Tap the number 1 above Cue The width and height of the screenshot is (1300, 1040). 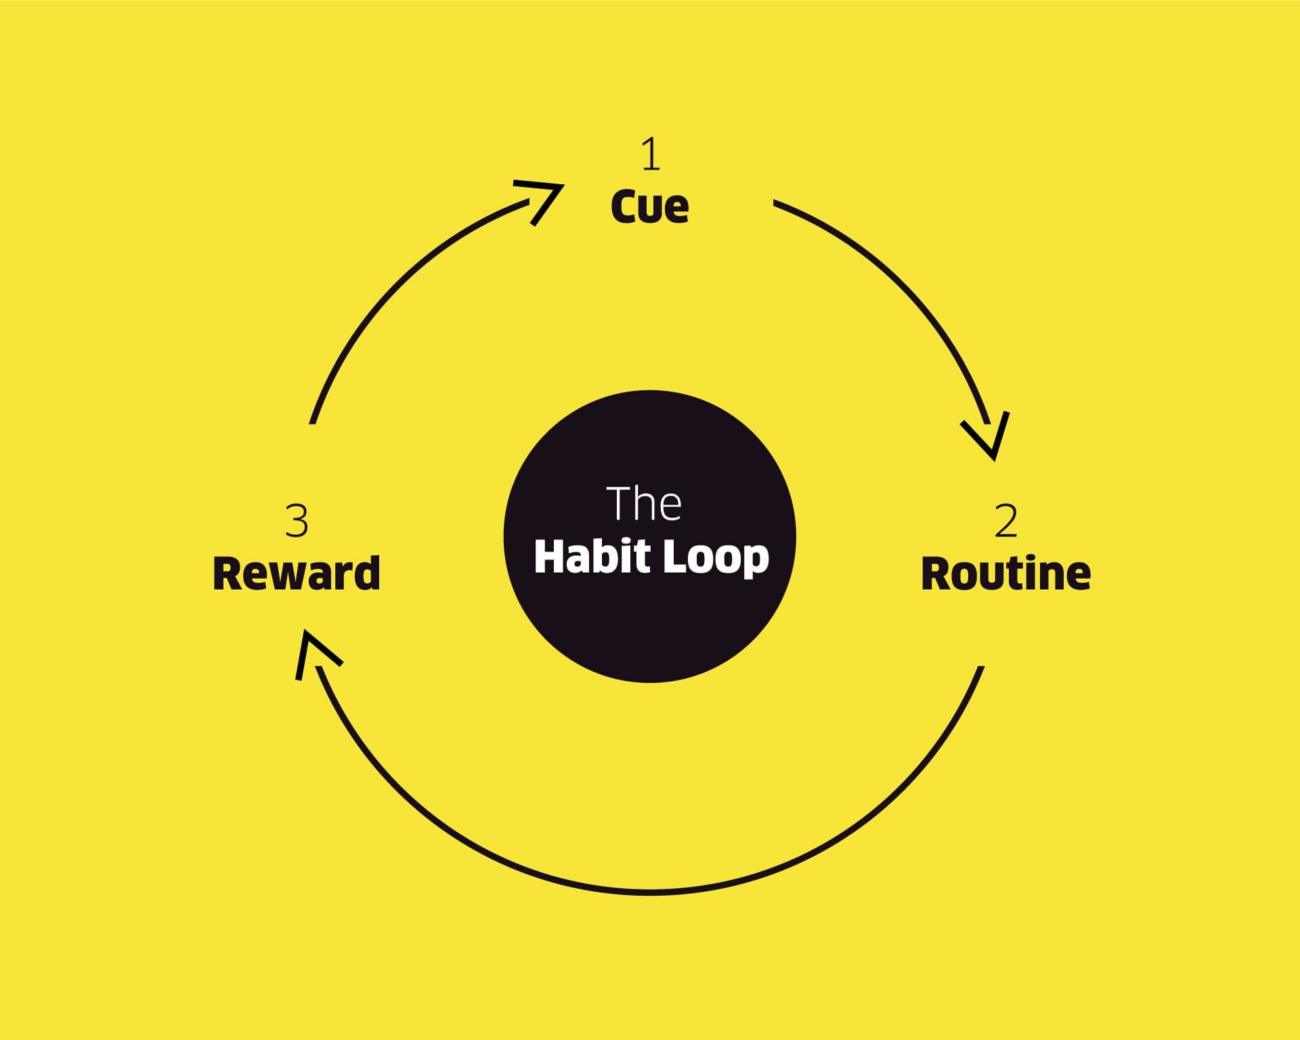650,154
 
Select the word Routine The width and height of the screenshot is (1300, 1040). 1005,573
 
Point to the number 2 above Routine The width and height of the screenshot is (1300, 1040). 1006,521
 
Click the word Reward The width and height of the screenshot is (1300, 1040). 297,573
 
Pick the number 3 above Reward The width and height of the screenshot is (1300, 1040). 297,521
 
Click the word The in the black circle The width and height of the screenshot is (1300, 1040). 644,504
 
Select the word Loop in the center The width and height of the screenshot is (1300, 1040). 716,558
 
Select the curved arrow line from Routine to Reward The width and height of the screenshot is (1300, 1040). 649,892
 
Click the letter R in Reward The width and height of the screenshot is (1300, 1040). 228,573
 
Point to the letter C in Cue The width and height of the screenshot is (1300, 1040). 624,207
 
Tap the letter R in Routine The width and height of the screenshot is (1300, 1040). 937,573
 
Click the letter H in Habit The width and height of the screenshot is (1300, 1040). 550,557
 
